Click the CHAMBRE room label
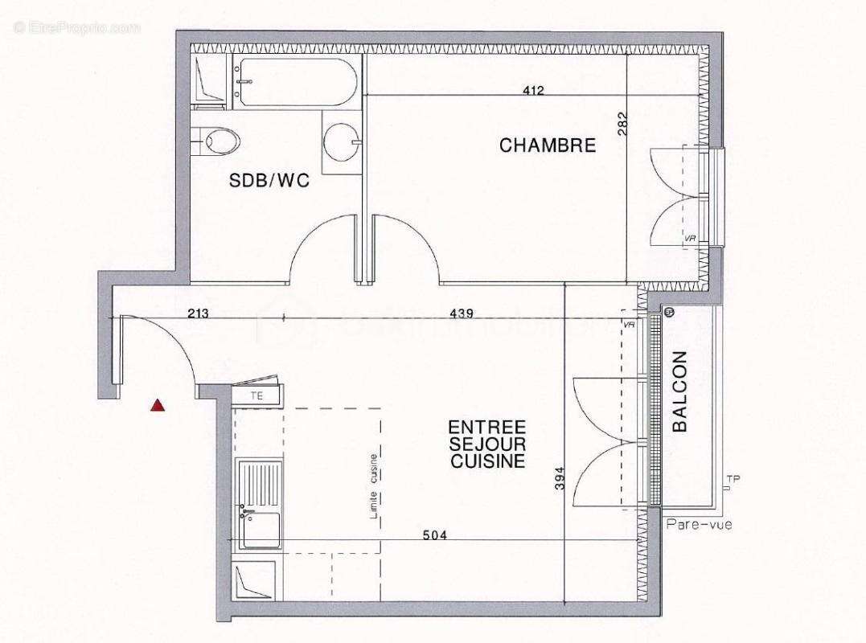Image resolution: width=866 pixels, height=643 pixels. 547,145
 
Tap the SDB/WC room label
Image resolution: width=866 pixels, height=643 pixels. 269,182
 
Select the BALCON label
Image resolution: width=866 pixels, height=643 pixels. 680,391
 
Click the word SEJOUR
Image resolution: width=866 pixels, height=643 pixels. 487,444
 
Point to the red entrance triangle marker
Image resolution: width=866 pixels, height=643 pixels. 158,405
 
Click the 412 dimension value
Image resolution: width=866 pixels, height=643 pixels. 533,91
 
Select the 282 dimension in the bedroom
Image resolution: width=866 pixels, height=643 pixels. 622,123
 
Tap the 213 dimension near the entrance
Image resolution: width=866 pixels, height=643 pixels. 198,313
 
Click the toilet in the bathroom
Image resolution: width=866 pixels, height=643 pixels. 219,142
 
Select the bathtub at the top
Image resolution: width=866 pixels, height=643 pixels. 293,82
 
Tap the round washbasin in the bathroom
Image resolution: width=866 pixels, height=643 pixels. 340,143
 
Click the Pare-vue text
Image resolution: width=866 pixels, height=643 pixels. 698,525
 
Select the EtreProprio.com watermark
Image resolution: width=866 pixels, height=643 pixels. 77,27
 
